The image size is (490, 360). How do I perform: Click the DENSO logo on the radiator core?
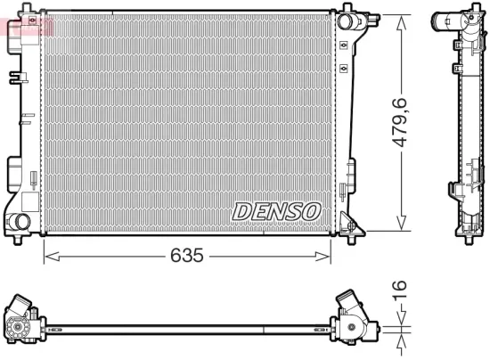276,211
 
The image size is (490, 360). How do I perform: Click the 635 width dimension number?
187,256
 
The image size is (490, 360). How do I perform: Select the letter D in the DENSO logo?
243,211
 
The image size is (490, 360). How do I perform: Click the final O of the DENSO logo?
309,211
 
